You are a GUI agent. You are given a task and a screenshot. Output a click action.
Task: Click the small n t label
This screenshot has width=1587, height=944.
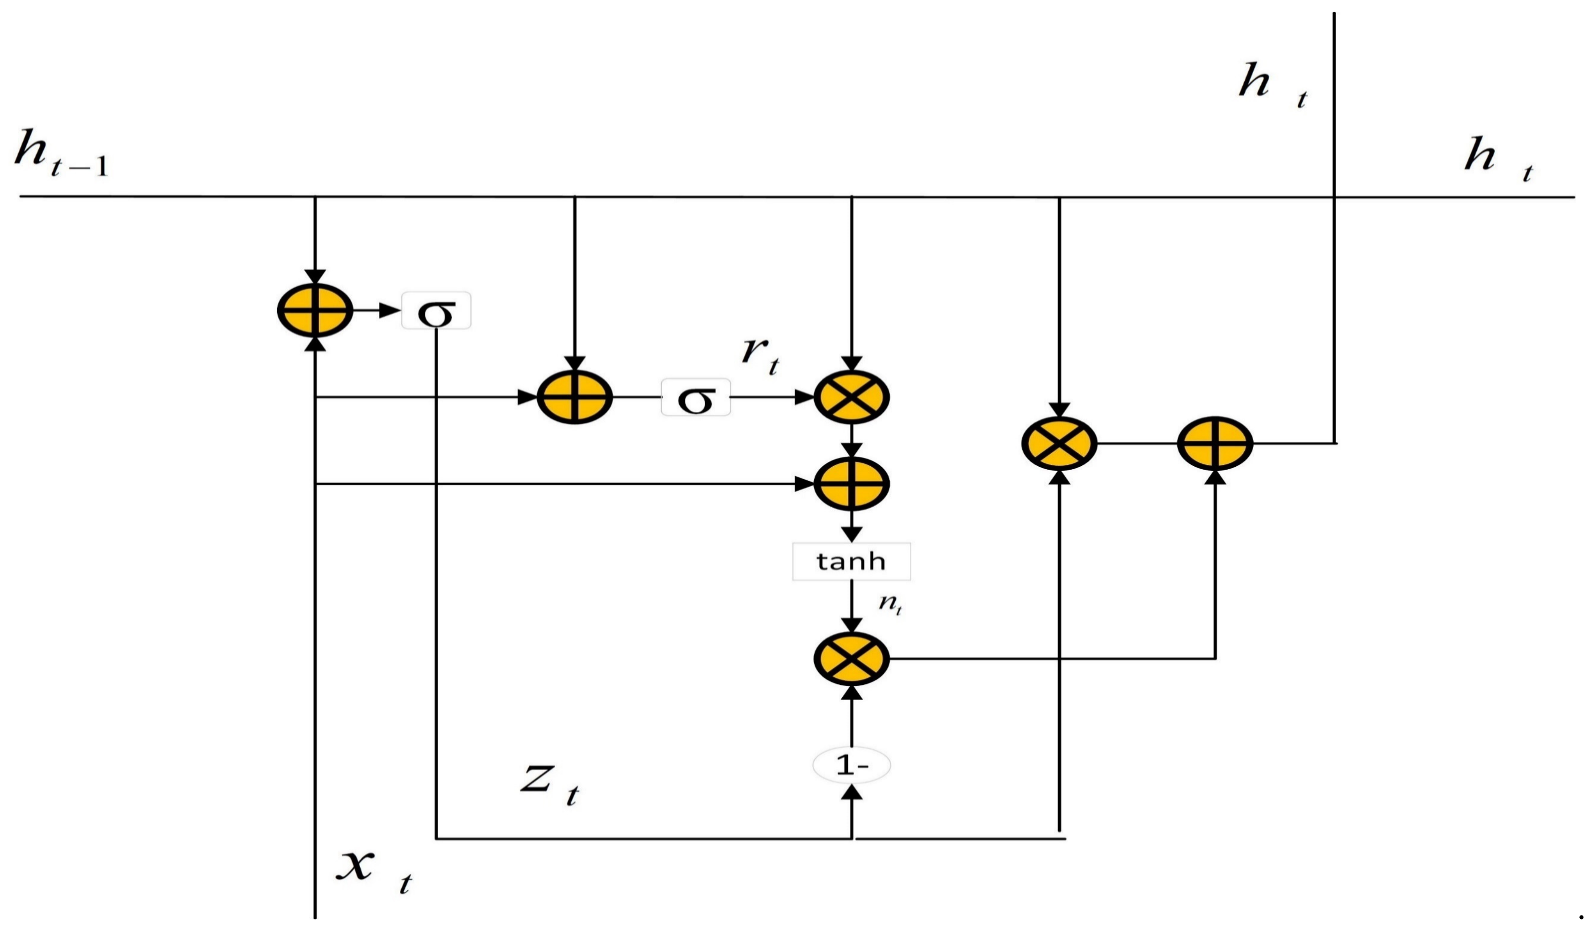coord(889,604)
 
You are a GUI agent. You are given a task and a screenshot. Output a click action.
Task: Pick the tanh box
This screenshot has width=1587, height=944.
coord(851,561)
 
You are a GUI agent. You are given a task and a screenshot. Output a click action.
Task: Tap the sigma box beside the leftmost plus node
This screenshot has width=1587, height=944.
coord(436,311)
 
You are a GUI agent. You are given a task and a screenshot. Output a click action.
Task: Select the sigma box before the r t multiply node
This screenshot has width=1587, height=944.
coord(695,397)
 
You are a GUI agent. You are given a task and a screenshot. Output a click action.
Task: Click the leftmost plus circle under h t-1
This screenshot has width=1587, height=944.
coord(315,311)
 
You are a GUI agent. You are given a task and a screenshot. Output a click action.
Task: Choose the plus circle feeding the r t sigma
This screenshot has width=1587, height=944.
coord(575,397)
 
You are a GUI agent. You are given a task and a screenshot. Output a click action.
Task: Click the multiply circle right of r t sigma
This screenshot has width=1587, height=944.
coord(852,397)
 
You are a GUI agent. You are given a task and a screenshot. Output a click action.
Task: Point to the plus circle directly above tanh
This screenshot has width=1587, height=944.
coord(852,484)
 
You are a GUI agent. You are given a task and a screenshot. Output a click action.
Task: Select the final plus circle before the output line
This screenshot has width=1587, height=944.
coord(1215,443)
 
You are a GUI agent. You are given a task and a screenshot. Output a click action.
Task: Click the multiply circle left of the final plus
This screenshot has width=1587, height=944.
coord(1059,443)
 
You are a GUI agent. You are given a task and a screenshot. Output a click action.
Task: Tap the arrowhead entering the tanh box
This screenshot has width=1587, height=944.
coord(852,534)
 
